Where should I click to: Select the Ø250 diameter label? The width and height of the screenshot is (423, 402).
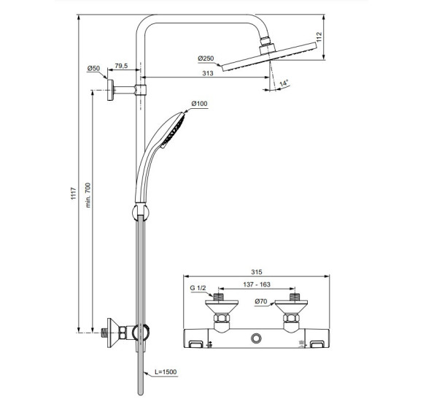tap(206, 58)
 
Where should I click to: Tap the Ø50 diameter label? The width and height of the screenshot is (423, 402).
tap(93, 67)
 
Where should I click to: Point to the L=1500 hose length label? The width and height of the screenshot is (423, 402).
tap(166, 372)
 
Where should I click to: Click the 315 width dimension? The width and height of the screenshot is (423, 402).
tap(255, 268)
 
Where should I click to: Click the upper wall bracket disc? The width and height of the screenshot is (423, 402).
tap(111, 91)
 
